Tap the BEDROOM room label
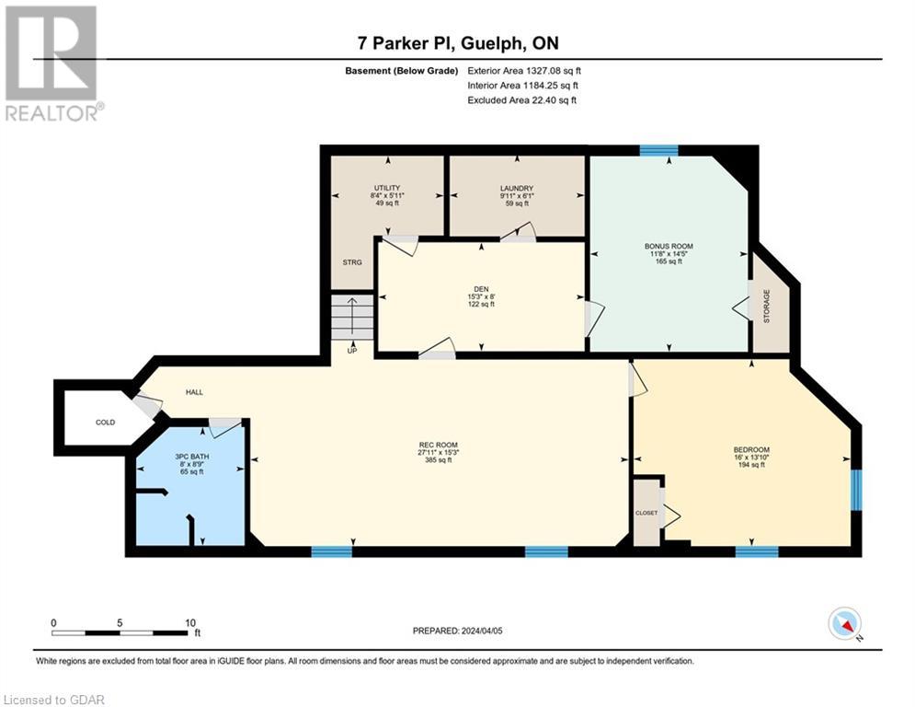[x=752, y=449]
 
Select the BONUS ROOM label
[x=669, y=246]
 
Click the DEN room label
[x=480, y=289]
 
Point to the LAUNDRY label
[x=516, y=189]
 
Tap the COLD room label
[x=106, y=423]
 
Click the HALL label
[x=194, y=392]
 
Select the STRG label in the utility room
[x=352, y=262]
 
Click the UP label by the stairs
[x=352, y=350]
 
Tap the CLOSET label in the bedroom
[x=646, y=513]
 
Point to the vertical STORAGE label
[x=766, y=305]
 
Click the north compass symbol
[x=843, y=624]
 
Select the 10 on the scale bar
[x=189, y=622]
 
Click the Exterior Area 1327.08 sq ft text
[x=524, y=70]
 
